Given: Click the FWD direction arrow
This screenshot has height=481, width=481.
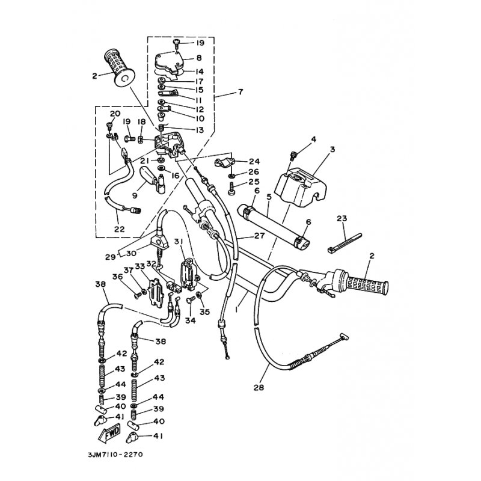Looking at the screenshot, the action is (109, 434).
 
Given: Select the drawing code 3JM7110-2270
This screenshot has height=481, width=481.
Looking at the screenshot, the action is (115, 455).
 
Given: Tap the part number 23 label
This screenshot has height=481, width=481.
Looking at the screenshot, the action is (342, 218).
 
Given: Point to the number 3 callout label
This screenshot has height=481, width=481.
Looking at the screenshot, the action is (332, 149).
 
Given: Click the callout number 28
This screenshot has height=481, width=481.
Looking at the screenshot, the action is (259, 387).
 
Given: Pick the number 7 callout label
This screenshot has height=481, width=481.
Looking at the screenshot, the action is (240, 92).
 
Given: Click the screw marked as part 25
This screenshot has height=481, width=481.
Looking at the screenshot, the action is (233, 188).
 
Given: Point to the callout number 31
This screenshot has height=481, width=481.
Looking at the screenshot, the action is (179, 242).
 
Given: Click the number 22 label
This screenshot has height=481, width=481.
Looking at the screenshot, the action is (119, 229).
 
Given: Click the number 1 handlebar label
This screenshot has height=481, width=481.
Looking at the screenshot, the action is (236, 310).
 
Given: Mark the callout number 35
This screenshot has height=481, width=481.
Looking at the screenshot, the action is (204, 312).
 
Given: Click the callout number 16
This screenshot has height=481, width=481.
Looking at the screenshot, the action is (175, 176).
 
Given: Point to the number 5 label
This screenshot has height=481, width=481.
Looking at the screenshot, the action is (269, 197).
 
